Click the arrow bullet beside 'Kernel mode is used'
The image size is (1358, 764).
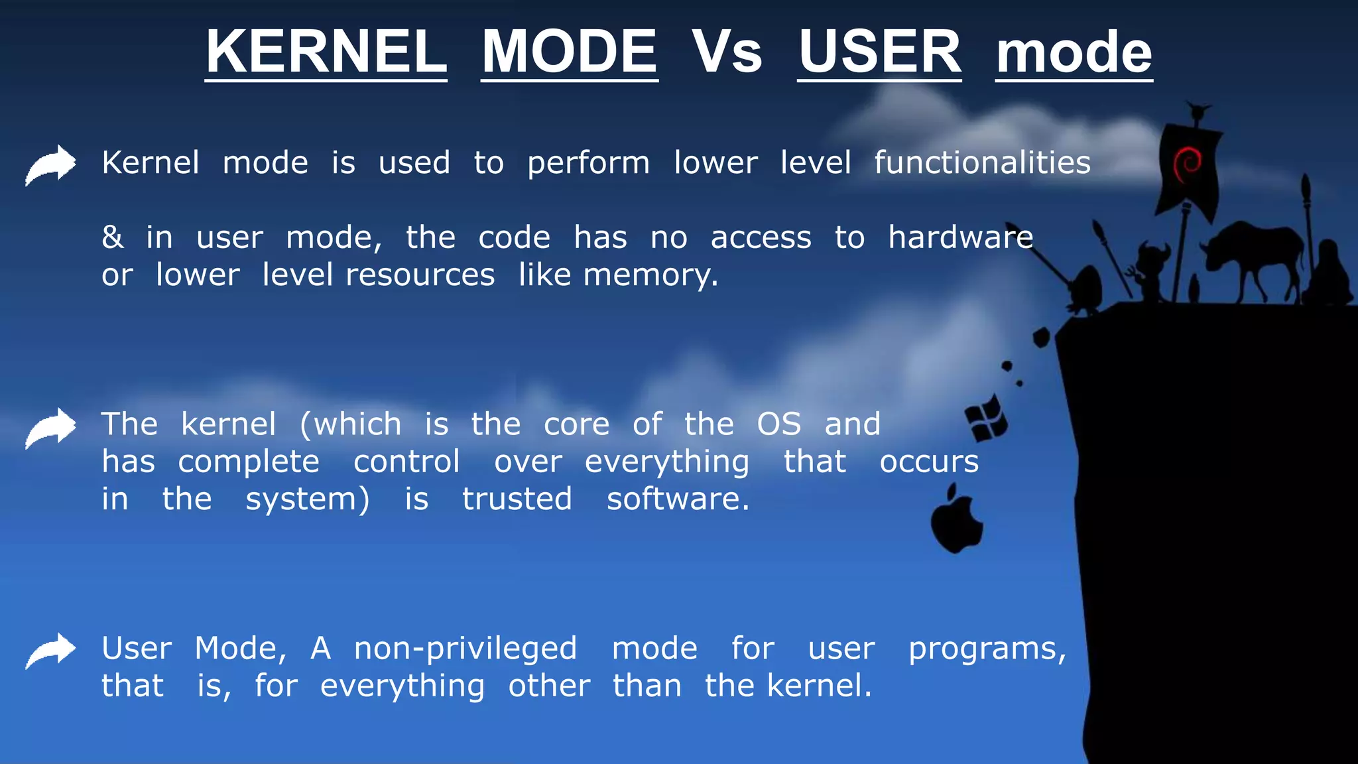tap(51, 164)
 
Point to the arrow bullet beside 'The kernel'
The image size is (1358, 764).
tap(51, 428)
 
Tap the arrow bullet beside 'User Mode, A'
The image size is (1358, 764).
tap(51, 651)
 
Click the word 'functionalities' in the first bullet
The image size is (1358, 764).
tap(982, 162)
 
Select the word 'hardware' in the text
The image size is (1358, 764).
tap(960, 237)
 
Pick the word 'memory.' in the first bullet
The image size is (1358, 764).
tap(650, 275)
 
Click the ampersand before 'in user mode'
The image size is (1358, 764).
tap(113, 237)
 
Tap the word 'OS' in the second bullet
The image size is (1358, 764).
tap(779, 424)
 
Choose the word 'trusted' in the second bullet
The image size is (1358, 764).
tap(517, 499)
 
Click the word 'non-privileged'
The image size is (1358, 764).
tap(465, 649)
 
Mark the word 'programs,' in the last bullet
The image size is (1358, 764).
tap(987, 649)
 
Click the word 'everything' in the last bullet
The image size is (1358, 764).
tap(402, 686)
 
